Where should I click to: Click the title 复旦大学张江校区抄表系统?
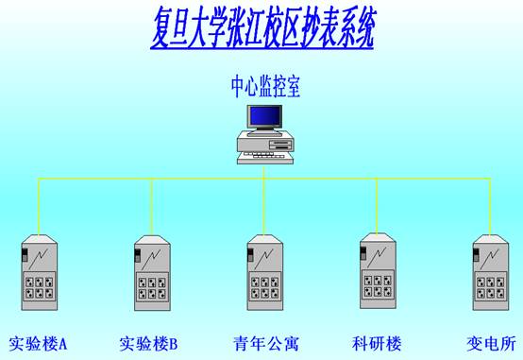pos(261,29)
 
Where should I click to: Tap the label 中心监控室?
pos(265,87)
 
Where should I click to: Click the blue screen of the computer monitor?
pos(265,116)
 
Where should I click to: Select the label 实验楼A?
pos(38,343)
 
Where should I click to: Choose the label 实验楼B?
pos(149,343)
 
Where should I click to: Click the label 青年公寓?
pos(266,343)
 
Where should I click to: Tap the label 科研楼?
pos(377,343)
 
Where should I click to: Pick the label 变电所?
pos(491,343)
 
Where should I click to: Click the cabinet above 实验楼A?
pos(40,272)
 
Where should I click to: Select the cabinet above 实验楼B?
pos(152,273)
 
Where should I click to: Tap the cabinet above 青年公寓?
pos(265,272)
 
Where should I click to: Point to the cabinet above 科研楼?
pos(378,271)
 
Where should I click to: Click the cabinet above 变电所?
pos(491,272)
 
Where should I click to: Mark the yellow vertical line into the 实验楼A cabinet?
pos(39,207)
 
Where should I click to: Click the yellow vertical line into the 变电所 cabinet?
pos(490,207)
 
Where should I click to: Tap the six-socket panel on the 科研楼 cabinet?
pos(378,285)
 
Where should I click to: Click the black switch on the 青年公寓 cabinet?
pos(250,254)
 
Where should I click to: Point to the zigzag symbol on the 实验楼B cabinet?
pos(151,260)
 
